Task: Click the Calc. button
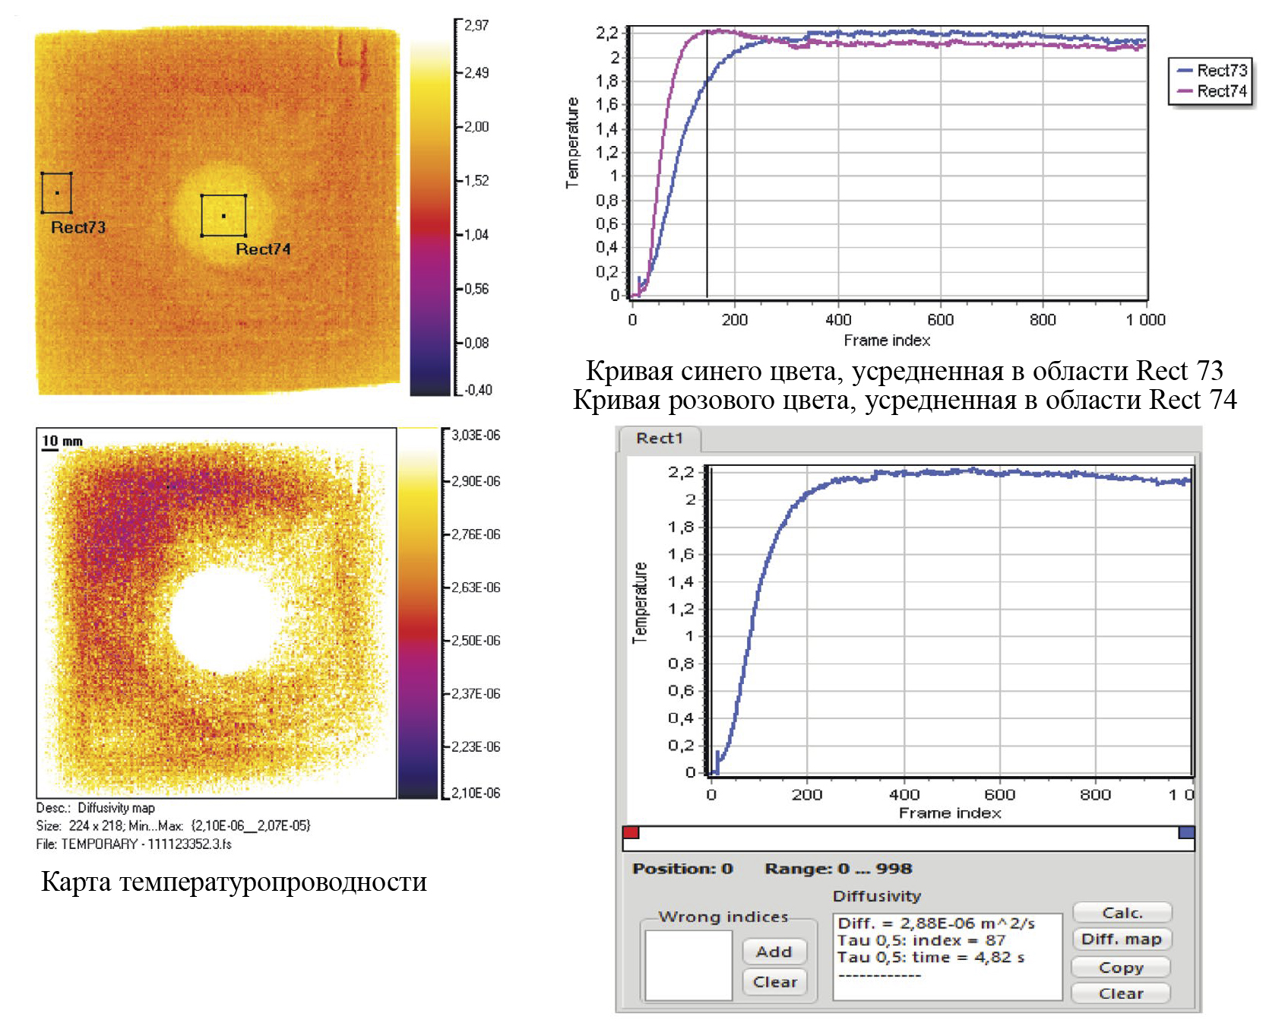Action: (x=1122, y=913)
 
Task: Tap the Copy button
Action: (x=1121, y=968)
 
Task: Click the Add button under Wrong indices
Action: (x=774, y=952)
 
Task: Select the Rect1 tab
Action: (x=660, y=439)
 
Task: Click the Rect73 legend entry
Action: (x=1213, y=71)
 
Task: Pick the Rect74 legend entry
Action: (x=1213, y=91)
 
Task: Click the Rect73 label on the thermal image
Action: (x=78, y=227)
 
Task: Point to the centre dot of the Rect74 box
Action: (x=223, y=216)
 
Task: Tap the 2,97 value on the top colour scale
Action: (x=476, y=26)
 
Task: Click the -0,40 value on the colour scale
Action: (x=478, y=390)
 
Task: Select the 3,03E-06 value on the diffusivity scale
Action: (x=476, y=436)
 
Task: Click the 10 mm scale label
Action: (x=62, y=441)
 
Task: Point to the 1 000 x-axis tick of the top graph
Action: (x=1145, y=320)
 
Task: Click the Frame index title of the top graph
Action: (x=887, y=341)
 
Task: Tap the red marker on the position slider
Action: (x=631, y=832)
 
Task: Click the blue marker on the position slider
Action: (x=1186, y=832)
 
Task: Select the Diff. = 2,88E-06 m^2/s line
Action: (x=936, y=924)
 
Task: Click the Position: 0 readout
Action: (x=682, y=869)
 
